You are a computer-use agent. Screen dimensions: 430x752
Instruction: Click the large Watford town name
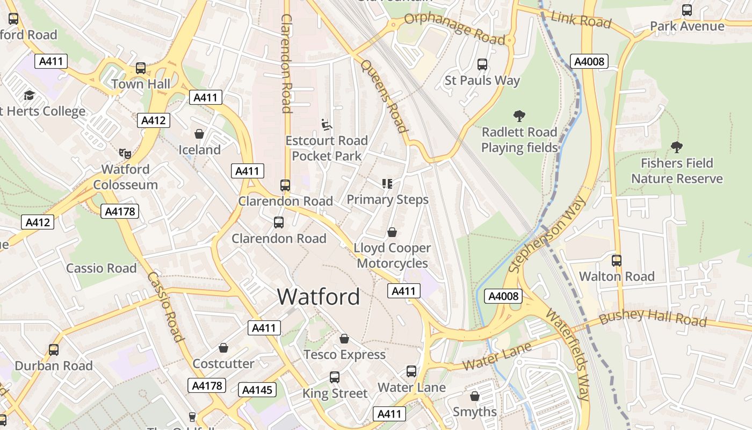click(x=319, y=297)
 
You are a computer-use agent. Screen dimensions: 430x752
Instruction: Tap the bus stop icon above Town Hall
click(x=141, y=68)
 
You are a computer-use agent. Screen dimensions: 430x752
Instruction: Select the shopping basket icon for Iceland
click(x=199, y=134)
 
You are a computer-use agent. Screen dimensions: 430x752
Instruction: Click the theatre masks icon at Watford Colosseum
click(x=125, y=153)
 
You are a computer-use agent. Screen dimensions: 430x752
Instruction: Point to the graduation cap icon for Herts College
click(x=29, y=96)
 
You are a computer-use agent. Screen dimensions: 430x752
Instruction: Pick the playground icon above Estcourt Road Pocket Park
click(x=327, y=125)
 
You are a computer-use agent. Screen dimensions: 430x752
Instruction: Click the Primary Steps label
click(x=387, y=199)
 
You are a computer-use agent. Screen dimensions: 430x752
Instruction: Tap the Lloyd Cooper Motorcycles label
click(x=392, y=256)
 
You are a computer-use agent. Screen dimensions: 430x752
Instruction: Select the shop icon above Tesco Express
click(x=344, y=339)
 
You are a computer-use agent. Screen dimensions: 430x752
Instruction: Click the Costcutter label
click(x=223, y=364)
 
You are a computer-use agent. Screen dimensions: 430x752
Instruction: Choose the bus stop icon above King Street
click(x=335, y=377)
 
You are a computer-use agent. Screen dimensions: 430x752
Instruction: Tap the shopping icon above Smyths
click(x=475, y=396)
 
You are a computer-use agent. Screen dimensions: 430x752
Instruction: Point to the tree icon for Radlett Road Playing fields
click(x=519, y=116)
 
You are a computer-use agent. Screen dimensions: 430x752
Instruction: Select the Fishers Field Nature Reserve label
click(x=677, y=171)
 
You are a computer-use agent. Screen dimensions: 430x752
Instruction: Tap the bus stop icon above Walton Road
click(x=617, y=261)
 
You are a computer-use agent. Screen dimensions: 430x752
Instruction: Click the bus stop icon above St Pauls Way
click(x=482, y=64)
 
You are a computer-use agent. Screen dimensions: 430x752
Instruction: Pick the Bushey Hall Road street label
click(x=653, y=318)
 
